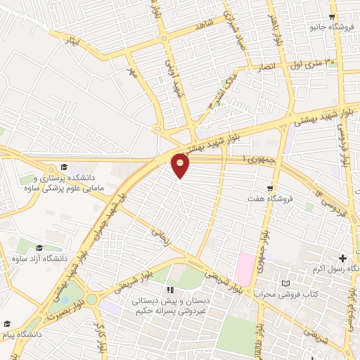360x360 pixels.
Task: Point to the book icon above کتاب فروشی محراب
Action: tap(285, 283)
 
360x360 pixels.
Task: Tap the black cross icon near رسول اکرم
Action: tap(342, 259)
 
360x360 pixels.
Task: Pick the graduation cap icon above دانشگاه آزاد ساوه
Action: tap(39, 248)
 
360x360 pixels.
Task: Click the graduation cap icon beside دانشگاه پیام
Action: tap(8, 324)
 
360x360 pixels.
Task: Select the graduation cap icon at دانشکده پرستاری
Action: tap(65, 167)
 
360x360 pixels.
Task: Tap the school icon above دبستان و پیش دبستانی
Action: tap(169, 290)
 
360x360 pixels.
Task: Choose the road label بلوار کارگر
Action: tap(101, 342)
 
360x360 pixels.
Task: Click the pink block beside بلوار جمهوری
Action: tap(245, 269)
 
